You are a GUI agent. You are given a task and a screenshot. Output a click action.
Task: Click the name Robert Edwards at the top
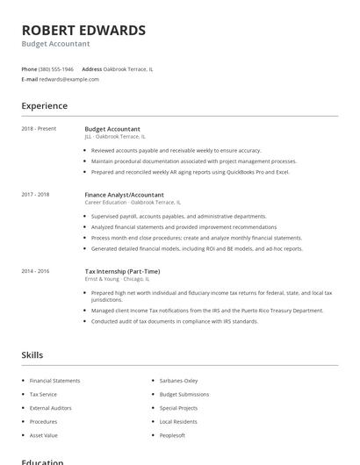coord(83,30)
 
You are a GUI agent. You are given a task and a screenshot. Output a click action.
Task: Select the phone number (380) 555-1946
coord(57,68)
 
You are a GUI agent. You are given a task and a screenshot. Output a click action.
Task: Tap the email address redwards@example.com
coord(69,79)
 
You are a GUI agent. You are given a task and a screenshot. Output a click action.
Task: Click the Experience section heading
coord(44,106)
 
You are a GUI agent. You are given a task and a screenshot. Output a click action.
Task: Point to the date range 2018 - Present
coord(39,129)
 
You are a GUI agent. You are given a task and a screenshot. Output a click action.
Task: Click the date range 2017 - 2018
coord(35,194)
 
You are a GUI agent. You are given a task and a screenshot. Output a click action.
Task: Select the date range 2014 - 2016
coord(35,271)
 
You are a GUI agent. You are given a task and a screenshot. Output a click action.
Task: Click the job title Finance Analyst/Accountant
coord(124,194)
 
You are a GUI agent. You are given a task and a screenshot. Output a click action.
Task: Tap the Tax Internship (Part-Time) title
coord(123,271)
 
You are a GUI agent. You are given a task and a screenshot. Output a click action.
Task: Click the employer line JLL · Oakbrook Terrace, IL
coord(115,136)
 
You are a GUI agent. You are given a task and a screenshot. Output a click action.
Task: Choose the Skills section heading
coord(32,355)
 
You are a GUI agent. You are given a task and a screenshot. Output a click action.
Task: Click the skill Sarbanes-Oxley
coord(178,381)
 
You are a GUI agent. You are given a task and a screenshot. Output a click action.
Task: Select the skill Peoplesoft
coord(172,435)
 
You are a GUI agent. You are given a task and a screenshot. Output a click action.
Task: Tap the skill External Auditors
coord(52,408)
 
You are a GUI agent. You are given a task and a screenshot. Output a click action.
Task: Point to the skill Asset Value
coord(44,435)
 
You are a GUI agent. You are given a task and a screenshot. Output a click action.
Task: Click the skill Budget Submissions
coord(184,395)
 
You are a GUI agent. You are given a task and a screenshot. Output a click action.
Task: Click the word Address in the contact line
coord(91,68)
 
